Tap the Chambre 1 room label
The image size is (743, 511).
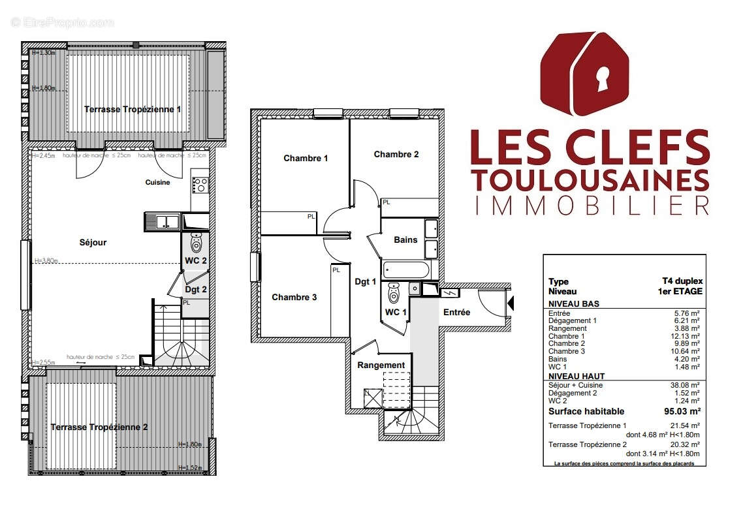[x=306, y=158]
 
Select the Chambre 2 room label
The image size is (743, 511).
[x=396, y=155]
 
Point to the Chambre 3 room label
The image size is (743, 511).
[x=294, y=297]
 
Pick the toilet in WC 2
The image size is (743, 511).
[x=197, y=244]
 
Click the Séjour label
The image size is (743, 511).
[x=93, y=243]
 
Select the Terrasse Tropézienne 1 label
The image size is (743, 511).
[x=133, y=110]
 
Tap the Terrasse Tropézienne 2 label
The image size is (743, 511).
[x=99, y=427]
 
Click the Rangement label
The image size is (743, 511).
[x=381, y=365]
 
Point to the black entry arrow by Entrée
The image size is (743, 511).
[x=511, y=302]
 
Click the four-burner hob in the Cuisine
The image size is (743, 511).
[x=200, y=185]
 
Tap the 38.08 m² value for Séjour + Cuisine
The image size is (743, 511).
[x=686, y=385]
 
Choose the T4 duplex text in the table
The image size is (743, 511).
[x=682, y=281]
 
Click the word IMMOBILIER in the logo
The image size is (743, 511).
[x=590, y=204]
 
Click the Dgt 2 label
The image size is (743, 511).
[x=195, y=289]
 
